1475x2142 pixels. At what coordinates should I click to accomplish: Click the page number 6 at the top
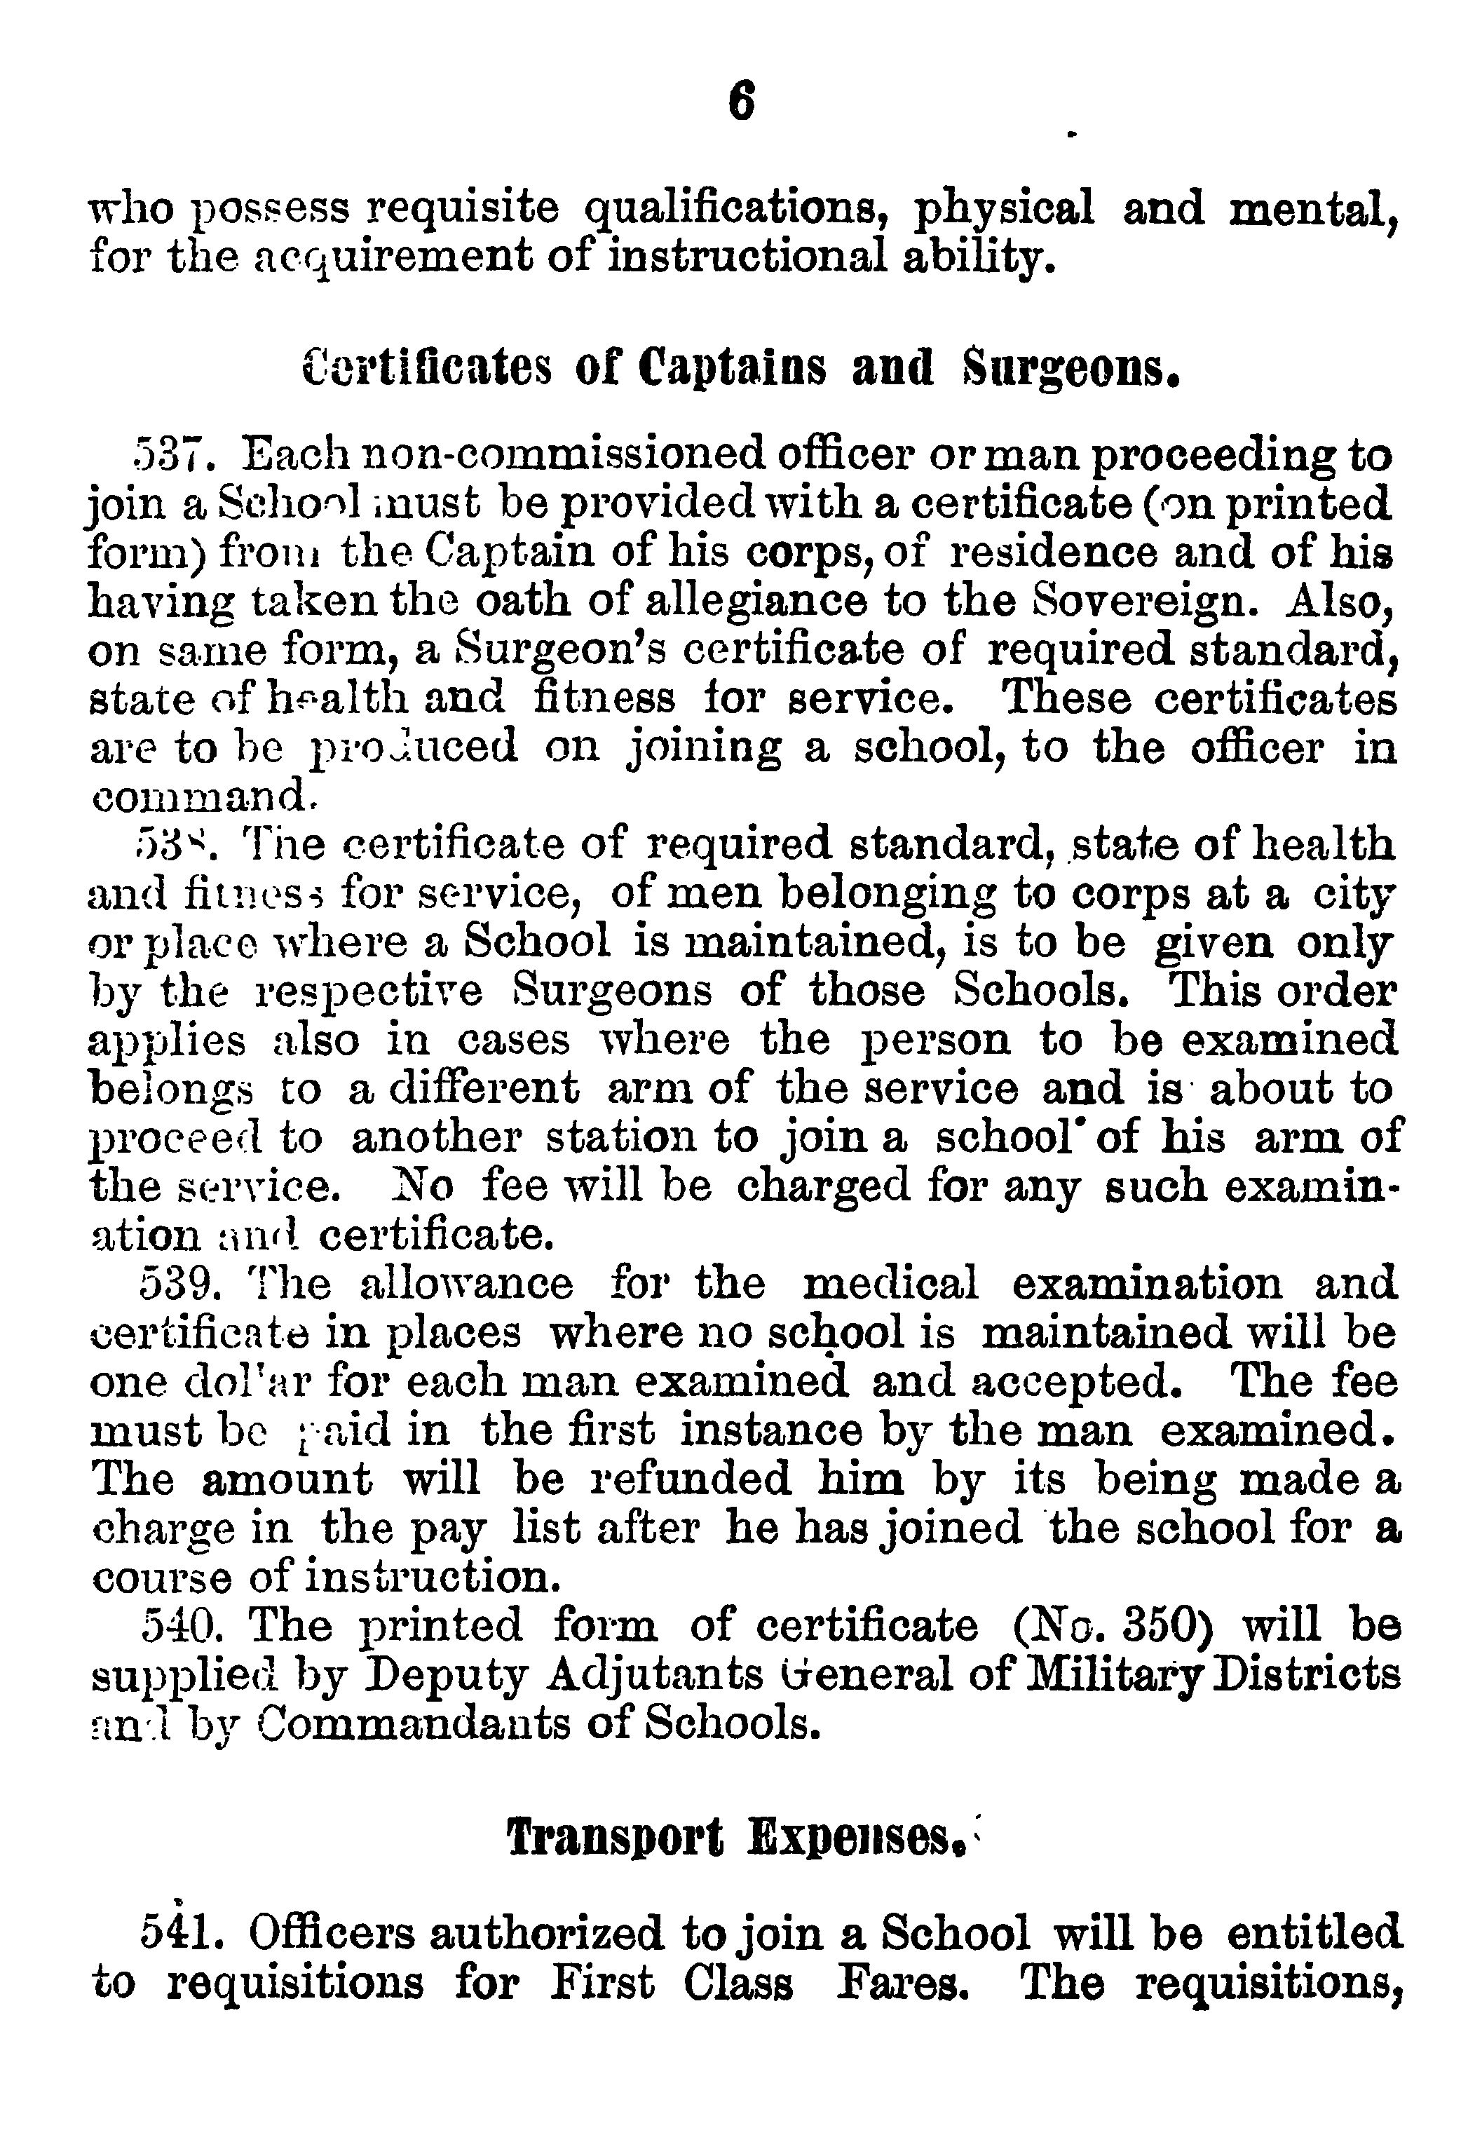point(740,102)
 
